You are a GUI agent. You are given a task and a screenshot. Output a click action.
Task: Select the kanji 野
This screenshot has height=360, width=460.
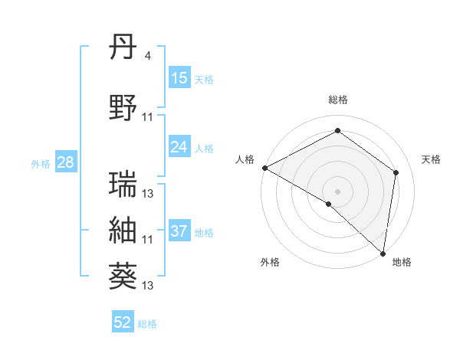pyautogui.click(x=123, y=108)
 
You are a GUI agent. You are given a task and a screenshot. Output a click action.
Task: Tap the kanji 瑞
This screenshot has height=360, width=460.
pyautogui.click(x=123, y=185)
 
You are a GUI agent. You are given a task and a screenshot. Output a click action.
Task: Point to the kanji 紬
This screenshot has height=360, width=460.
pyautogui.click(x=123, y=231)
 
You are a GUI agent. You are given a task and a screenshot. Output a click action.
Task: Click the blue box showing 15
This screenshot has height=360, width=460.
pyautogui.click(x=179, y=78)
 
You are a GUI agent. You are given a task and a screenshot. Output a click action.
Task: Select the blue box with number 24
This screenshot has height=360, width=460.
pyautogui.click(x=179, y=147)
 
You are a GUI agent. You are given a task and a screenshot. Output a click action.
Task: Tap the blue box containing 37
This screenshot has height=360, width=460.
pyautogui.click(x=179, y=231)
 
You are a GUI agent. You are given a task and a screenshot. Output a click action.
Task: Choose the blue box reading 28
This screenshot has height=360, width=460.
pyautogui.click(x=65, y=162)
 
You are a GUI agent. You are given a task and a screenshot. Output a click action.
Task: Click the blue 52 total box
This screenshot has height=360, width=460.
pyautogui.click(x=123, y=322)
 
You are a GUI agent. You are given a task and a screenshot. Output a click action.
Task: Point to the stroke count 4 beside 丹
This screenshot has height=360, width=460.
pyautogui.click(x=148, y=56)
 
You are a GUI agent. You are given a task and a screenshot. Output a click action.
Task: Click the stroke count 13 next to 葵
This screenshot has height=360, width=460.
pyautogui.click(x=148, y=286)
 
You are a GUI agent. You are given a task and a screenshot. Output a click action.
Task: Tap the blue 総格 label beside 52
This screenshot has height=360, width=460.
pyautogui.click(x=147, y=324)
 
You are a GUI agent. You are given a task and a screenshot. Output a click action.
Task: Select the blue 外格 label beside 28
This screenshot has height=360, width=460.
pyautogui.click(x=41, y=163)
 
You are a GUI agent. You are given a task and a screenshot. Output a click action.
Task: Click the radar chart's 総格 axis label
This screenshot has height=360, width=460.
pyautogui.click(x=338, y=100)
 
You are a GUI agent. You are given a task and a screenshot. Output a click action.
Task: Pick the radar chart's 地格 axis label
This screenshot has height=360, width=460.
pyautogui.click(x=402, y=262)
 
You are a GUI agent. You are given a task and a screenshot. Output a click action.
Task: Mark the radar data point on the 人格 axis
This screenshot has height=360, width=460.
pyautogui.click(x=264, y=168)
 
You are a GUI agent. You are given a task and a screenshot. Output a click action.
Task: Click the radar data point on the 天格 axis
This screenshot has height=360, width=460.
pyautogui.click(x=396, y=172)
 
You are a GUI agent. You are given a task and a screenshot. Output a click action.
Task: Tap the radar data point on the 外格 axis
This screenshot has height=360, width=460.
pyautogui.click(x=329, y=204)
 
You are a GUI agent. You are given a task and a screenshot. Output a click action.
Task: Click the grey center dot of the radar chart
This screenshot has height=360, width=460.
pyautogui.click(x=338, y=191)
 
